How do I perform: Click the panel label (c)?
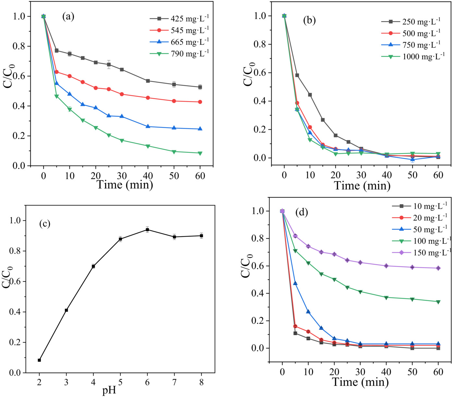coord(45,224)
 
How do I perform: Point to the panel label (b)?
coord(309,20)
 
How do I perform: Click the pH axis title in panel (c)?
coord(109,391)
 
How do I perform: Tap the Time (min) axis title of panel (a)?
coord(125,185)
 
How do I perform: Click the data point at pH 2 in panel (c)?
coord(39,360)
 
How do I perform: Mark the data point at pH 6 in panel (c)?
coord(147,229)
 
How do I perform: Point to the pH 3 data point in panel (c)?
coord(67,310)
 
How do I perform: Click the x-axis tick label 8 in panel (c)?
coord(201,382)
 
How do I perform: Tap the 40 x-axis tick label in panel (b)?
coord(387,175)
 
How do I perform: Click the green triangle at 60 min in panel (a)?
coord(200,153)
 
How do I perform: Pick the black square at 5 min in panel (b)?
coord(297,75)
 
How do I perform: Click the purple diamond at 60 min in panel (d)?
coord(438,268)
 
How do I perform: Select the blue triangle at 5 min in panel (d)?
coord(295,284)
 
